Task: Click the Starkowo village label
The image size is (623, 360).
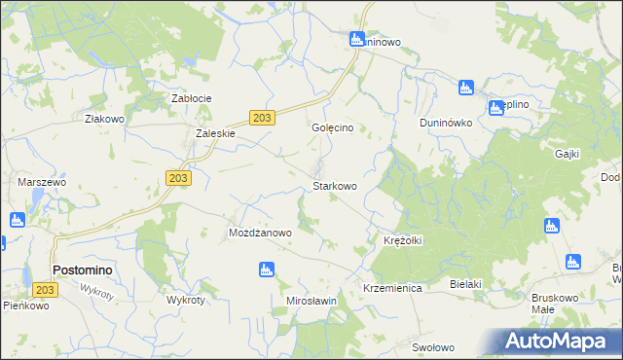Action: tap(334, 185)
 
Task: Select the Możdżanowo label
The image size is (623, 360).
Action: tap(260, 234)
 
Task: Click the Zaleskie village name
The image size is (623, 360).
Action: tap(216, 134)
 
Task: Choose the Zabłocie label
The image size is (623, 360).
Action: tap(192, 98)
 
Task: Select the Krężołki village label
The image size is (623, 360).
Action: tap(400, 240)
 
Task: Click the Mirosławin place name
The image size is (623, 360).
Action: tap(311, 301)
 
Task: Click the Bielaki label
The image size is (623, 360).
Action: tap(466, 283)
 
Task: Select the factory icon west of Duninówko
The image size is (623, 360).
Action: tap(465, 89)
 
